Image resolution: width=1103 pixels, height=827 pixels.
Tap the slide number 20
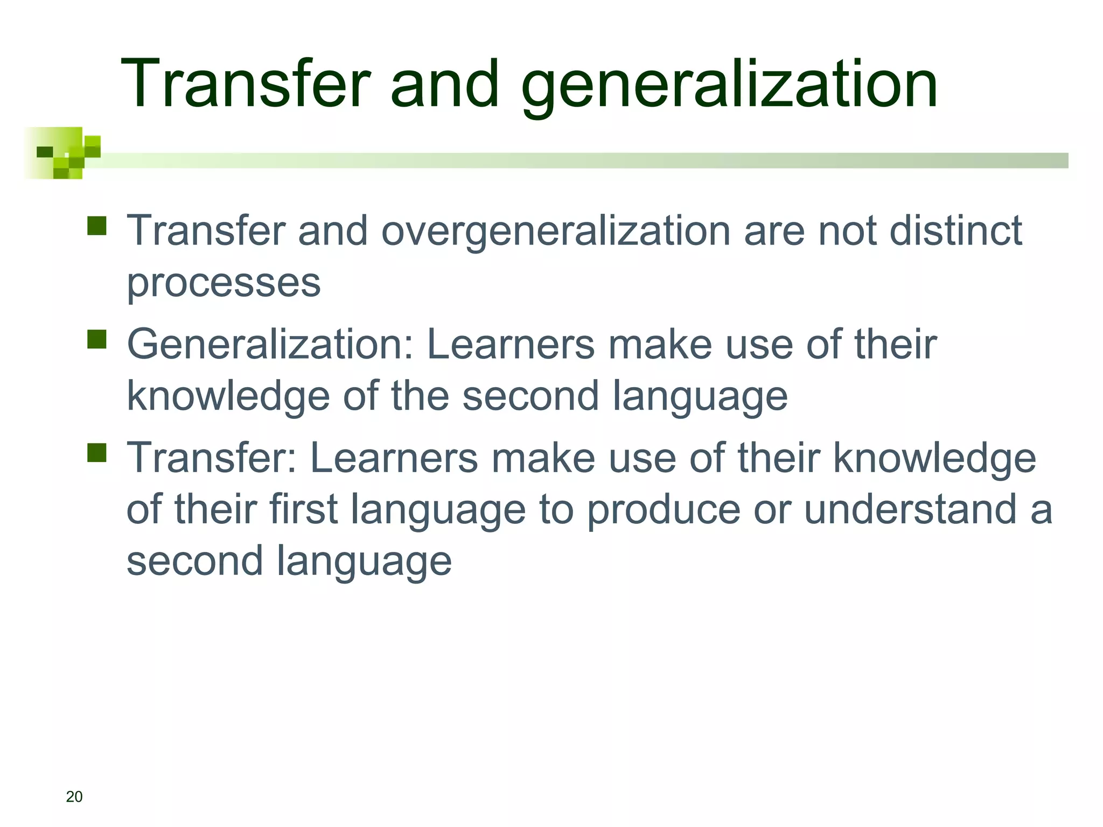(74, 797)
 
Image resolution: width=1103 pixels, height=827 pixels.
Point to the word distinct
(955, 230)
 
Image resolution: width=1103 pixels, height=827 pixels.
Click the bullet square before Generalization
(97, 339)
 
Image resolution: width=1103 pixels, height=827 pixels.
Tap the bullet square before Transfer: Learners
(97, 453)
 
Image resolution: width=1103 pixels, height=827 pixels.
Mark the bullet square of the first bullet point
(97, 226)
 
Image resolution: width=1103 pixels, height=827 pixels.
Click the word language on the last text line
(364, 562)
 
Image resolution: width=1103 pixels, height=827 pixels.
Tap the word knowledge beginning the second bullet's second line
(228, 396)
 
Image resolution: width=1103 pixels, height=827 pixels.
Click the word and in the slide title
(445, 85)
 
